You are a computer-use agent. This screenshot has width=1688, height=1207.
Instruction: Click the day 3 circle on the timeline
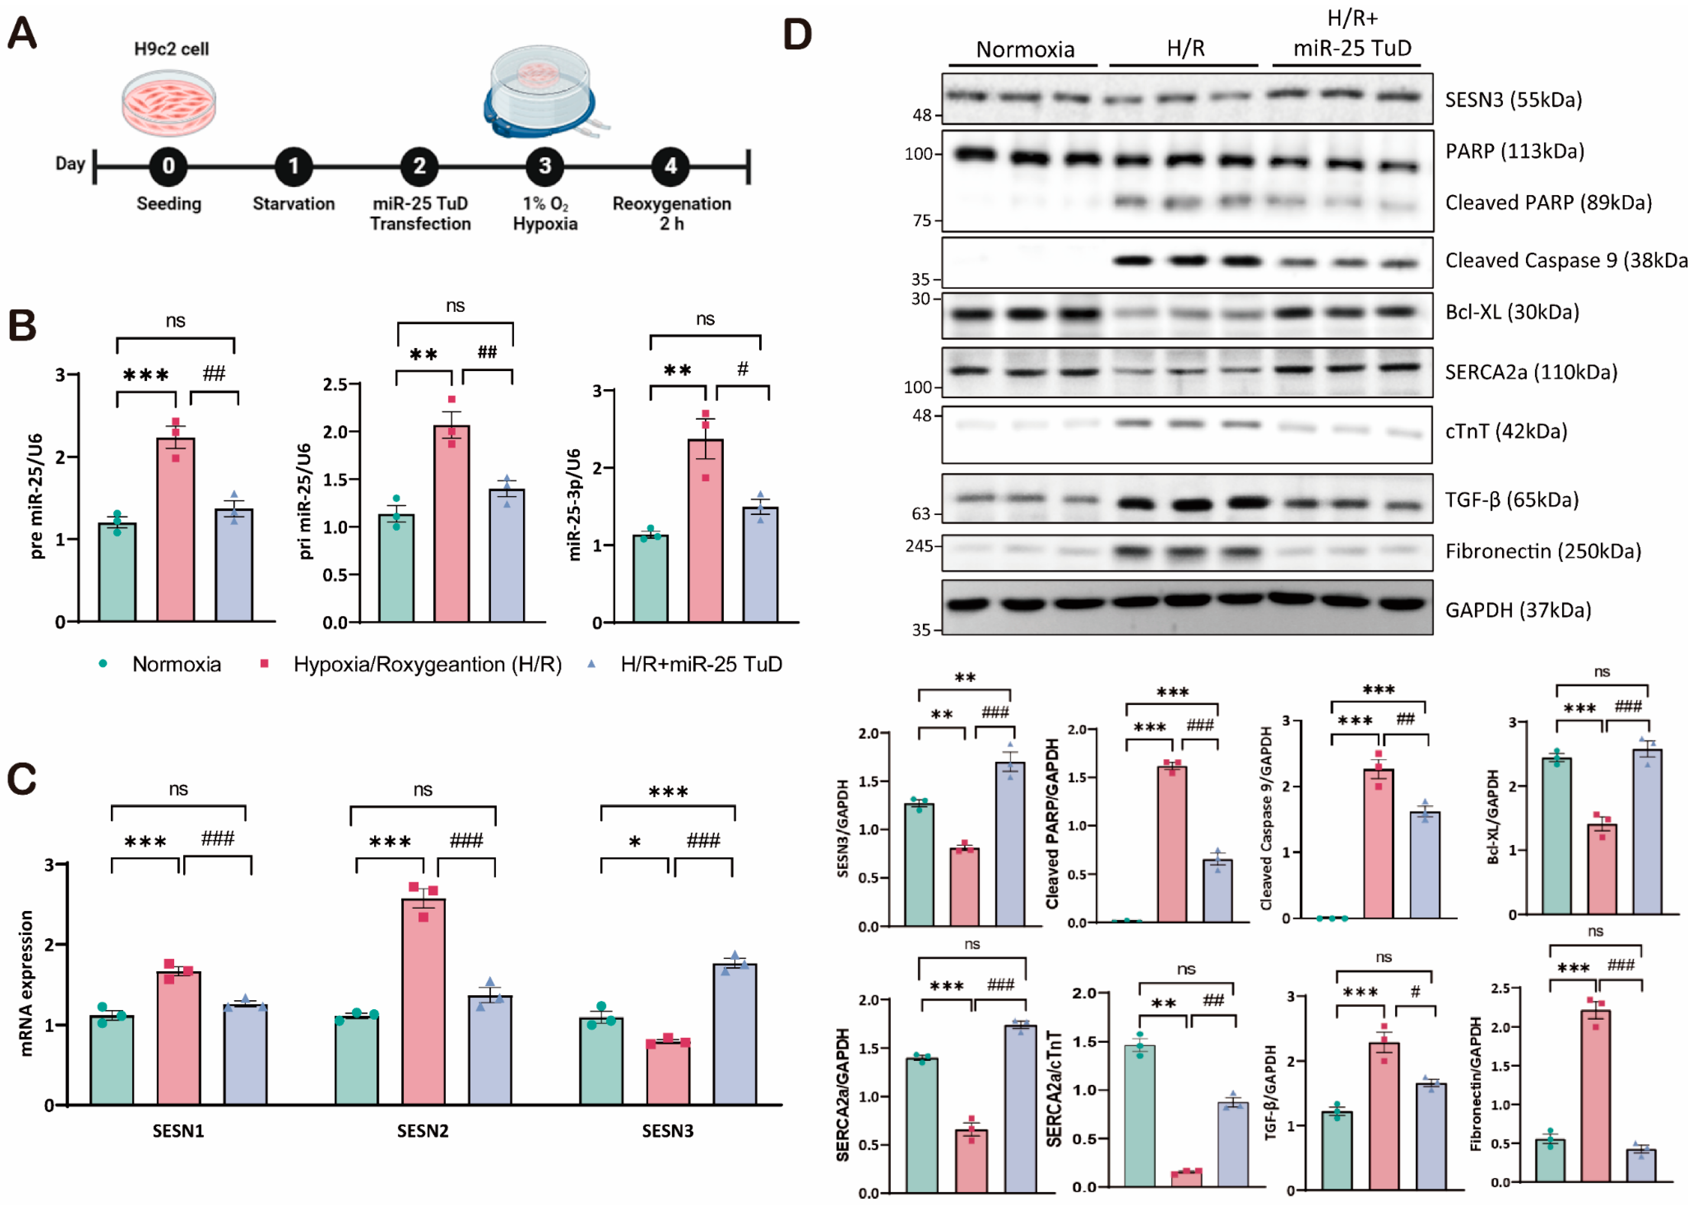click(545, 166)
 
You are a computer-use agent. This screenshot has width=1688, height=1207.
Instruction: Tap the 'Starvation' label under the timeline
click(294, 204)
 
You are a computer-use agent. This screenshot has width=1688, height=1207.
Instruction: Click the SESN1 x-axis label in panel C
click(178, 1131)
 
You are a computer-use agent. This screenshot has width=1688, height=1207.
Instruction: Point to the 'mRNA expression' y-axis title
click(27, 983)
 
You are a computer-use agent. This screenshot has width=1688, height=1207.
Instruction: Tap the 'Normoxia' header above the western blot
click(1025, 50)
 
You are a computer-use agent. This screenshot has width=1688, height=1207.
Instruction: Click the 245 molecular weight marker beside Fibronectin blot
click(918, 546)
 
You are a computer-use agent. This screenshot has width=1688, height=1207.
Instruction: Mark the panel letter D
click(797, 34)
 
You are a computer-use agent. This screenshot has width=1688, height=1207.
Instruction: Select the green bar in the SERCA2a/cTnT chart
click(1140, 1116)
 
